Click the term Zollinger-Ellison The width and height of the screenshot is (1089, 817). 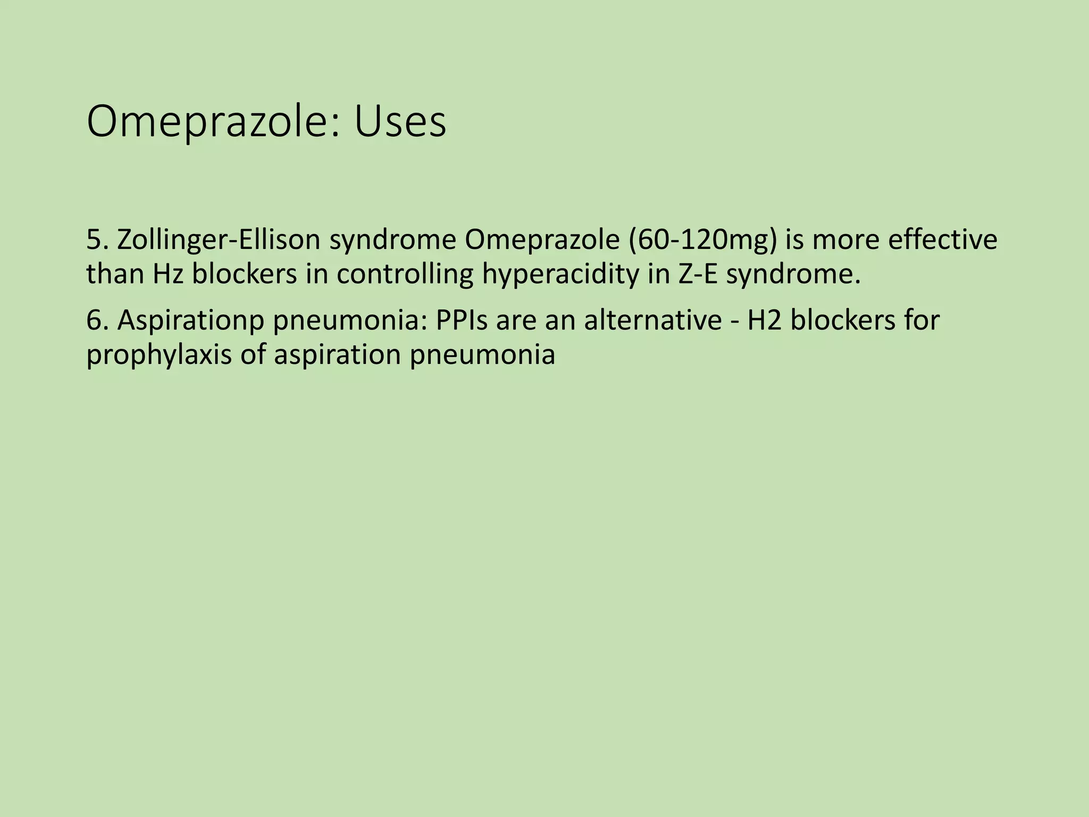pos(219,241)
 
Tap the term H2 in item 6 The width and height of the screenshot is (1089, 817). pos(764,321)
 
